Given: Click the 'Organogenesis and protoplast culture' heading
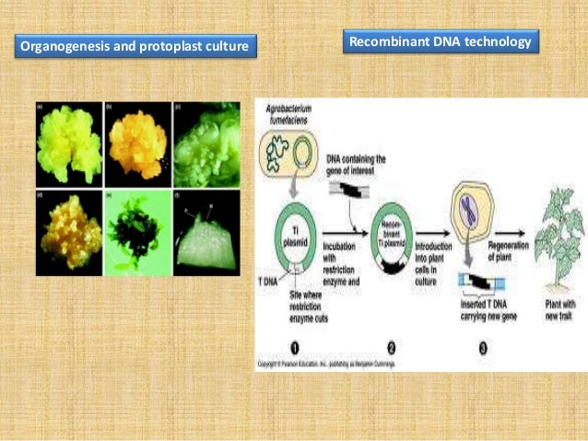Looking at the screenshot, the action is click(135, 44).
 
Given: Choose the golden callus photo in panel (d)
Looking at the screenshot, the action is click(68, 217).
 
